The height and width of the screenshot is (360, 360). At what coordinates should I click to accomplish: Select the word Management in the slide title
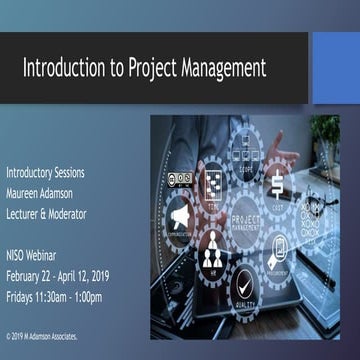pos(225,68)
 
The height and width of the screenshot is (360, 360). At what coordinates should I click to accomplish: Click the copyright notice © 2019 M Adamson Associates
pos(42,337)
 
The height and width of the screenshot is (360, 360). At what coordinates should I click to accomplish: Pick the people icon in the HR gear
pos(212,256)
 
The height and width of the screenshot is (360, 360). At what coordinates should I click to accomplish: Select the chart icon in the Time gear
pos(213,184)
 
